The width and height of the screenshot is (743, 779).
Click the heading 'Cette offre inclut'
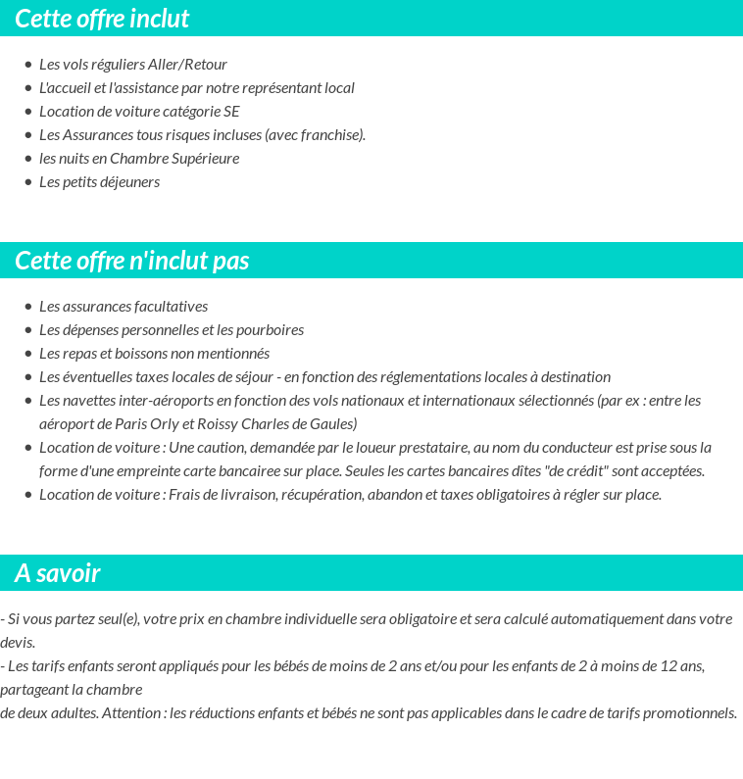102,19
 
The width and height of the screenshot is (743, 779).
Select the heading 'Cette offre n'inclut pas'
132,261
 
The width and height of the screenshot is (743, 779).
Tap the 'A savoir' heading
58,573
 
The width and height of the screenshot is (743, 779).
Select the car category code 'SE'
231,112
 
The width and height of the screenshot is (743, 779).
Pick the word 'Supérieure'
205,159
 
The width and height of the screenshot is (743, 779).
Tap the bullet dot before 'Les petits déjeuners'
28,182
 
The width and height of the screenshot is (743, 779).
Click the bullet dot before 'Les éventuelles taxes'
28,377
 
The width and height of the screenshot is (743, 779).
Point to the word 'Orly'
164,424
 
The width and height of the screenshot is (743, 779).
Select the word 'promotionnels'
691,713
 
